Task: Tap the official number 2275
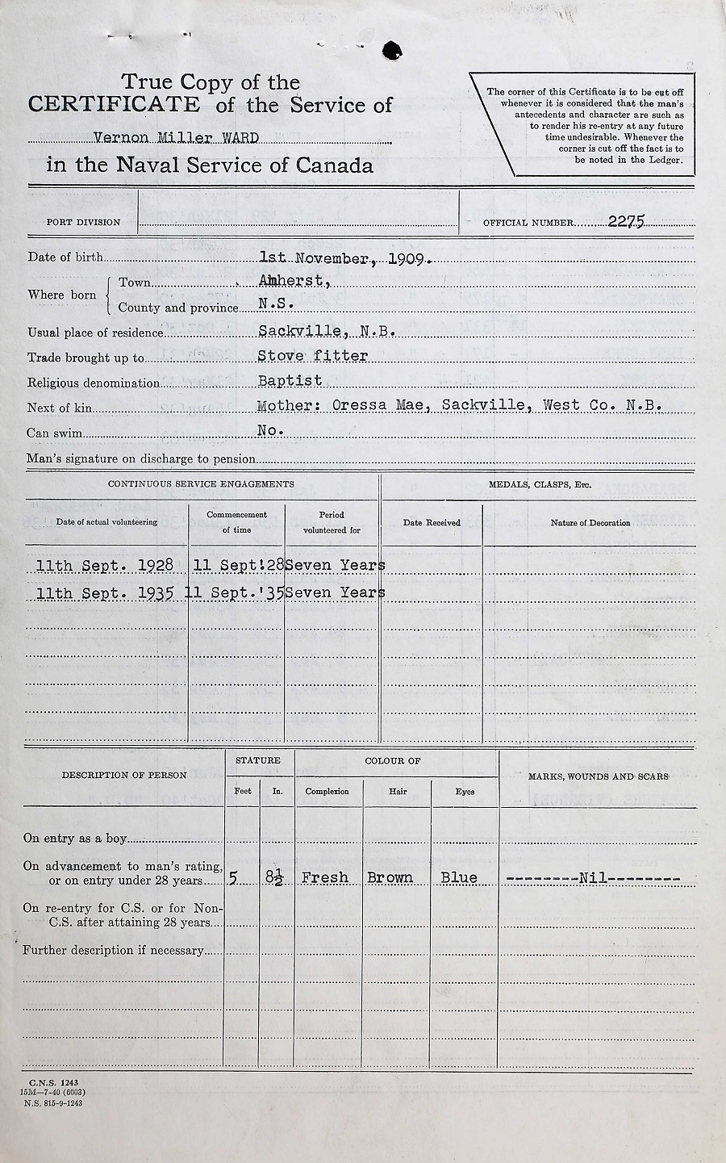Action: click(626, 221)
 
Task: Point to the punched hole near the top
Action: click(392, 50)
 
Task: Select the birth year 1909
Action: click(411, 259)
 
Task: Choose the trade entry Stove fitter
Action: click(313, 356)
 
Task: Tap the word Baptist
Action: click(290, 380)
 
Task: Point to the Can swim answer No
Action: click(270, 431)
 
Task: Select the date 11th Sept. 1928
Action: click(105, 566)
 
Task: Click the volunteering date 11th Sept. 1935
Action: click(105, 593)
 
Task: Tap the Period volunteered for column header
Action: click(332, 522)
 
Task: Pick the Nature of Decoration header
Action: click(590, 523)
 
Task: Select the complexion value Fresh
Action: click(325, 877)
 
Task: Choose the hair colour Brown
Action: click(390, 877)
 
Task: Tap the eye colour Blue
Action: click(459, 877)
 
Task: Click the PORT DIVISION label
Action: click(83, 222)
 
